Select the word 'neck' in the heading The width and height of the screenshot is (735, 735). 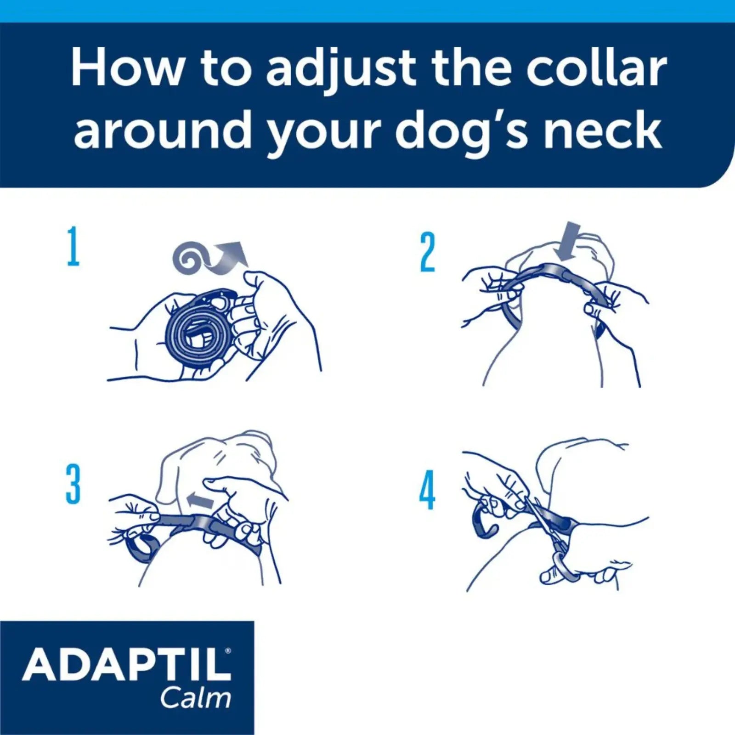coord(603,131)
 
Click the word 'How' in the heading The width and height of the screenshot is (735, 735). coord(126,69)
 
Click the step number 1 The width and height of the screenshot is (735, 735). coord(73,247)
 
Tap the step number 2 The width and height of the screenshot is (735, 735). coord(427,252)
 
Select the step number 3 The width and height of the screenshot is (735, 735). coord(73,484)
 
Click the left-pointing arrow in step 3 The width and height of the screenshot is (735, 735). coord(200,500)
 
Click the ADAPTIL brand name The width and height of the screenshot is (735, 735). coord(126,665)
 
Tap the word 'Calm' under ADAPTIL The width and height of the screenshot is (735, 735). coord(195,698)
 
